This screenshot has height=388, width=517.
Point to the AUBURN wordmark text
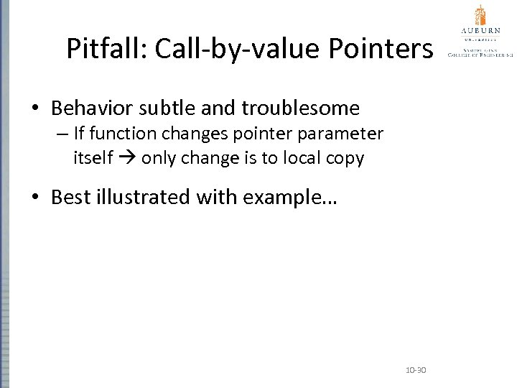[479, 31]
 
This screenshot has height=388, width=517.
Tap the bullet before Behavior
[36, 109]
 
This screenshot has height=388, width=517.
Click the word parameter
[343, 134]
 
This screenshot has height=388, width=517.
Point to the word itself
[93, 157]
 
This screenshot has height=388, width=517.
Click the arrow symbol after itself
[128, 158]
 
